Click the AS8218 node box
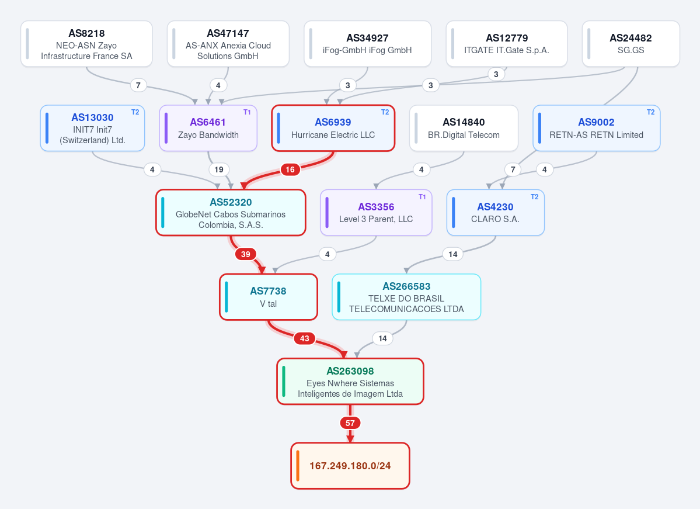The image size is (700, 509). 86,44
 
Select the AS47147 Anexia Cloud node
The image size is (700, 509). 228,44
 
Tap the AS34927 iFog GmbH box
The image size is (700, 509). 367,44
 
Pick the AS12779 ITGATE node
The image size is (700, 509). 507,44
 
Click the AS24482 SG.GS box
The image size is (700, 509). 631,44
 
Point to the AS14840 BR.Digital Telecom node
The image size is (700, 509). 464,128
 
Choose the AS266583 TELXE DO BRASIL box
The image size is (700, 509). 406,297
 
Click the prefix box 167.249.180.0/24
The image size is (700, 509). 350,466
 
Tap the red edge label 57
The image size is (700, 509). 350,423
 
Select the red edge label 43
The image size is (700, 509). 305,338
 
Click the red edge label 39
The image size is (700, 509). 246,254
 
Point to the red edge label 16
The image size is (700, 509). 290,169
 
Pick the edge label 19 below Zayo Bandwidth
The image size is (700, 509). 219,169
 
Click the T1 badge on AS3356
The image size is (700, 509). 422,196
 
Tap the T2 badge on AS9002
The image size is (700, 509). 650,112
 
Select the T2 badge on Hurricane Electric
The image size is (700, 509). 385,112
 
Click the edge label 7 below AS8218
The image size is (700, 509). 138,85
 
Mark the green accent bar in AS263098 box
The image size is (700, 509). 284,381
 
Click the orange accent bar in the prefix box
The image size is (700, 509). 298,466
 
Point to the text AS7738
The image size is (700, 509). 268,291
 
